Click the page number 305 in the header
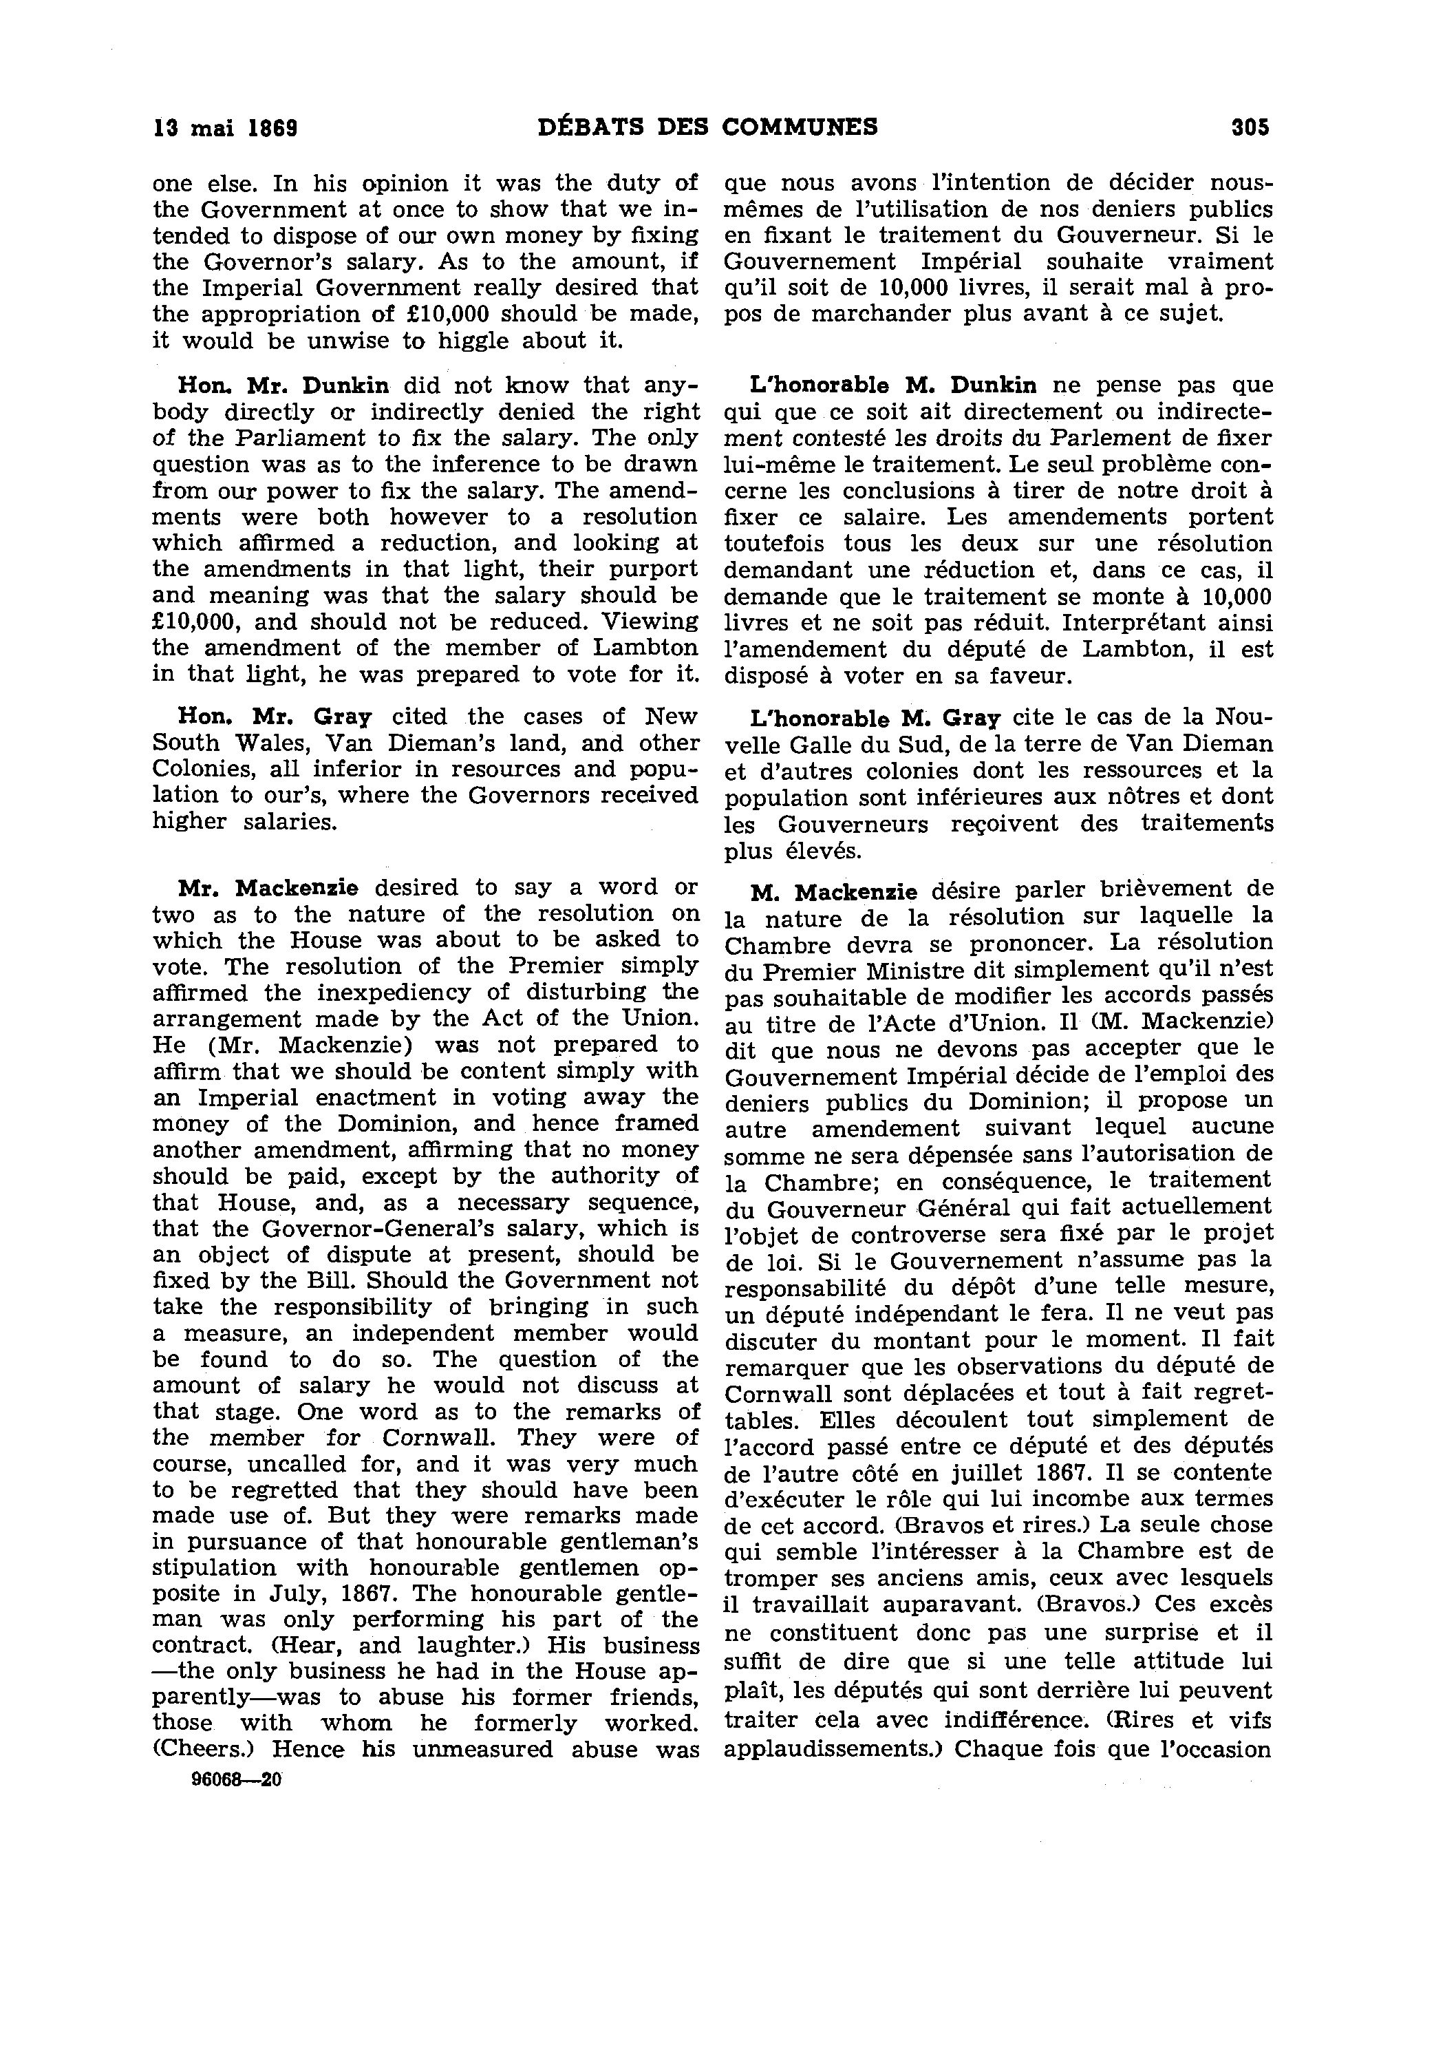(x=1250, y=128)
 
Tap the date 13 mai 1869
(x=226, y=128)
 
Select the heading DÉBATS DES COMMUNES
(x=707, y=127)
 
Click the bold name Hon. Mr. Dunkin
(x=284, y=386)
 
